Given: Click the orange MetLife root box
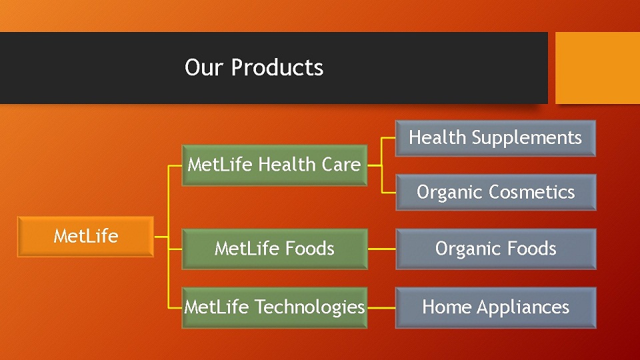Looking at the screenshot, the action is click(x=86, y=237).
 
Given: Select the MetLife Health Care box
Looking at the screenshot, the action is click(x=274, y=165).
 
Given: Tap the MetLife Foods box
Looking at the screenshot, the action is click(x=274, y=249).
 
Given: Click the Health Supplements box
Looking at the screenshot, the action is click(x=495, y=139).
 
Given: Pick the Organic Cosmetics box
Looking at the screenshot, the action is click(x=495, y=192).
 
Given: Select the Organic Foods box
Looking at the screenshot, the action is click(x=495, y=249).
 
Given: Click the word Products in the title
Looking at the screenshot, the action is click(x=277, y=67).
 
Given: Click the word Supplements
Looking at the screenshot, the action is click(x=527, y=138).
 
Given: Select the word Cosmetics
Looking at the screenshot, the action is click(x=532, y=192).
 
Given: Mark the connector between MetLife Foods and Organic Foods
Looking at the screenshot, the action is click(x=381, y=249).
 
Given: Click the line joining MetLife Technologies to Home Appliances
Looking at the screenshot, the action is click(x=381, y=308).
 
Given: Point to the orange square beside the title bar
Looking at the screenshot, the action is click(x=597, y=68).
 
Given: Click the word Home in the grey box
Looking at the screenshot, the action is click(x=447, y=307).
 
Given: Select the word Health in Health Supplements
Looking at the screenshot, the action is click(x=437, y=137).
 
